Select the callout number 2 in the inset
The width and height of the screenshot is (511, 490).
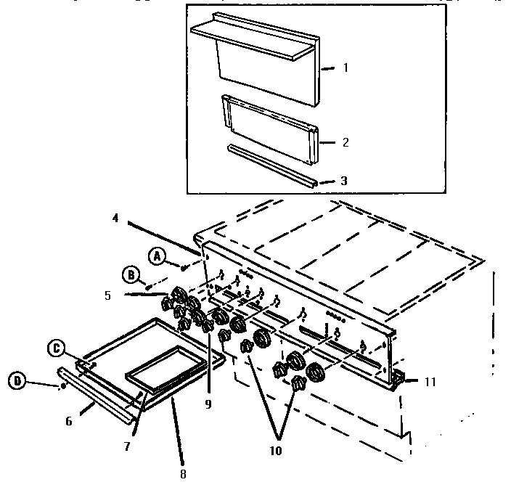tap(346, 142)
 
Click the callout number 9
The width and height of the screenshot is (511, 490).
tap(208, 404)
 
